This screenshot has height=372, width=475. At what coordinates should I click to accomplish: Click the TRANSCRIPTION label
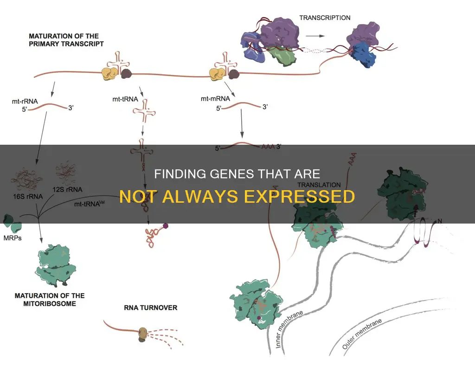tap(325, 18)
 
